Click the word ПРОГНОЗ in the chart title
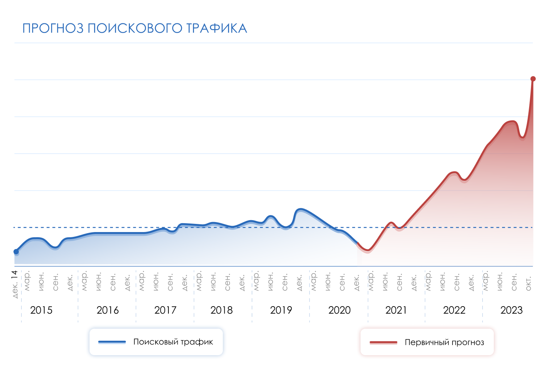pyautogui.click(x=53, y=29)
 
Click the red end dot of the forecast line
pyautogui.click(x=533, y=79)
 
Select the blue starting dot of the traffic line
pyautogui.click(x=16, y=252)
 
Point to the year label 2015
pyautogui.click(x=41, y=310)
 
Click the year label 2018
pyautogui.click(x=221, y=310)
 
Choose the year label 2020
pyautogui.click(x=339, y=310)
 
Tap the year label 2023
pyautogui.click(x=511, y=310)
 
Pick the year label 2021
pyautogui.click(x=396, y=310)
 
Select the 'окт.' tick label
pyautogui.click(x=528, y=283)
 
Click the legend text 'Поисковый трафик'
pyautogui.click(x=173, y=342)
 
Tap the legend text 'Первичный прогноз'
pyautogui.click(x=444, y=342)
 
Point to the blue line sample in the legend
pyautogui.click(x=112, y=342)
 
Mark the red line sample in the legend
pyautogui.click(x=383, y=342)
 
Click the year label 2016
pyautogui.click(x=107, y=310)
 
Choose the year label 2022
pyautogui.click(x=454, y=310)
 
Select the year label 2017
pyautogui.click(x=165, y=310)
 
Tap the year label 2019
pyautogui.click(x=281, y=310)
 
